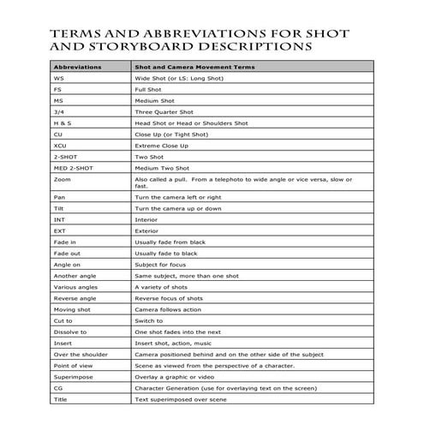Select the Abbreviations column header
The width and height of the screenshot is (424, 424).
coord(78,66)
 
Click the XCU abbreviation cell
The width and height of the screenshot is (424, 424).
coord(60,146)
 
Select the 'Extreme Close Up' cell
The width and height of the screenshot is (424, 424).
coord(161,146)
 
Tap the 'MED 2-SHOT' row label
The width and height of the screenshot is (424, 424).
coord(72,168)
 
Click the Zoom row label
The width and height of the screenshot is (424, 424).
coord(62,180)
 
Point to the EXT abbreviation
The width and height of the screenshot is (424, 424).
coord(59,231)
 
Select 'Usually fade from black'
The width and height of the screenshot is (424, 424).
coord(172,242)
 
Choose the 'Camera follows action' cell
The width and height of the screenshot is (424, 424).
coord(168,309)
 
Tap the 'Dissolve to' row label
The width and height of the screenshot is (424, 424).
coord(70,331)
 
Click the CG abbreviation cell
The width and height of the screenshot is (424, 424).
coord(58,388)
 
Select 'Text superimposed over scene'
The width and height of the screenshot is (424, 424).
coord(181,399)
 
